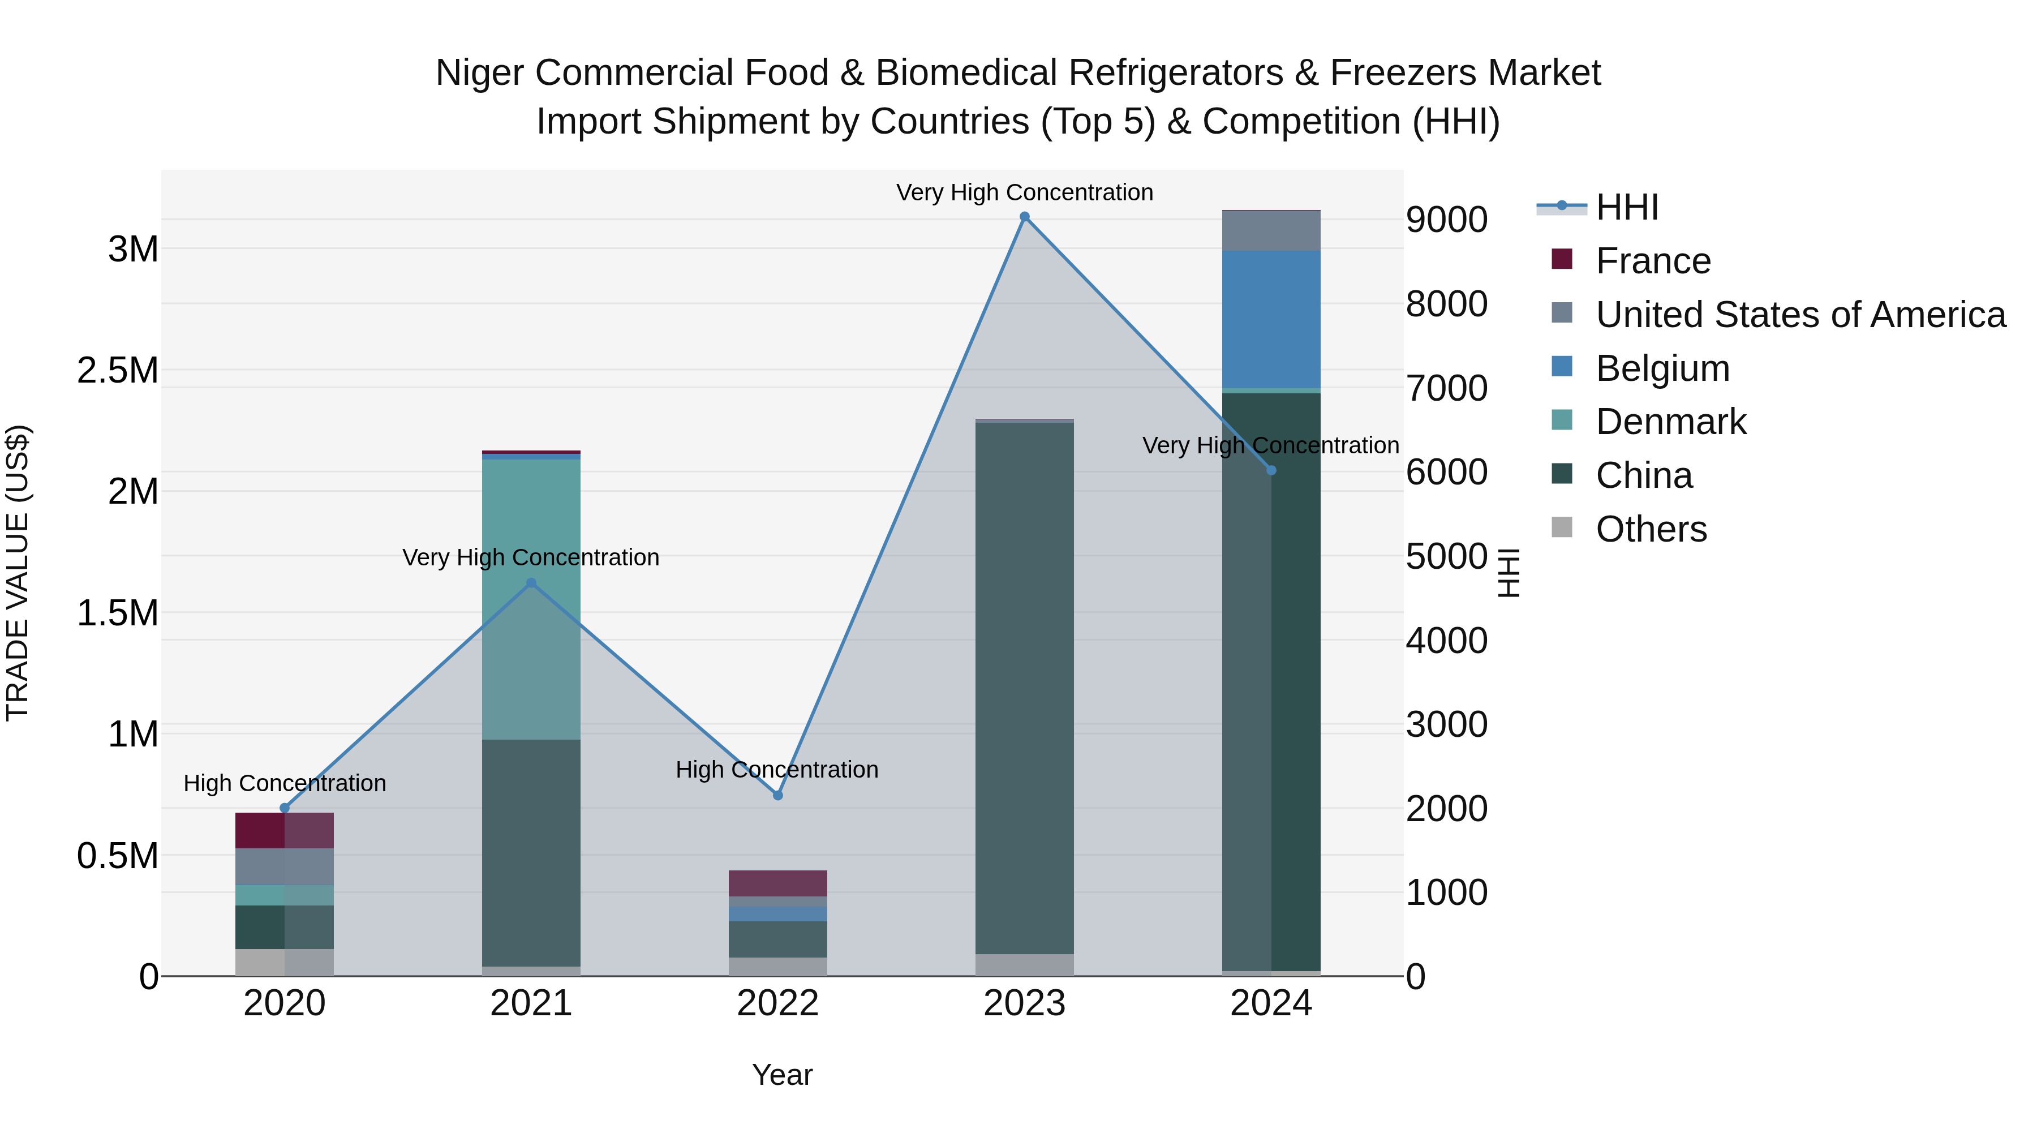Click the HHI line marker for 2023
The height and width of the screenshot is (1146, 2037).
[x=1024, y=217]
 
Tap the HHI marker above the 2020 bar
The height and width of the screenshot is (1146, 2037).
[x=285, y=808]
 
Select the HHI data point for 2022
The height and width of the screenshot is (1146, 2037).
[x=777, y=796]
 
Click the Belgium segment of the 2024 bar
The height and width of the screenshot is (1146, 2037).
[x=1271, y=320]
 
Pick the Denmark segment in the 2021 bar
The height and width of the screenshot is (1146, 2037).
[x=531, y=599]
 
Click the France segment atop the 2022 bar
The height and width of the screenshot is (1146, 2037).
[x=777, y=883]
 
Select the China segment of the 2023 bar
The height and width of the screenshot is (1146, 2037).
[x=1024, y=688]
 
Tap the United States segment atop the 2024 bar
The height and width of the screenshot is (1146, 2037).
[x=1271, y=231]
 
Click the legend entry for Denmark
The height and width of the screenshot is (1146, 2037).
[x=1670, y=422]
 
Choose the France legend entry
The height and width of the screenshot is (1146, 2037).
[x=1653, y=261]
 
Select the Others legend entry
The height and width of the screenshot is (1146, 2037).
[x=1651, y=529]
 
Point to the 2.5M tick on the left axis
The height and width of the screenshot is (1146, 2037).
[x=117, y=370]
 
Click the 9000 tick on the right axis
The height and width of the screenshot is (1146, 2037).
[x=1446, y=220]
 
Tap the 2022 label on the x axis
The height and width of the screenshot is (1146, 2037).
[x=777, y=1003]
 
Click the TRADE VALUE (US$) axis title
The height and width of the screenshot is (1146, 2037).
[x=18, y=573]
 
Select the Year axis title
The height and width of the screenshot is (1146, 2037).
[x=782, y=1075]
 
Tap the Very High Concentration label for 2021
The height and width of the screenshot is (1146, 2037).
[x=531, y=557]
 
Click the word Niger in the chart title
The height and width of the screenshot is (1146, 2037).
[x=481, y=73]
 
